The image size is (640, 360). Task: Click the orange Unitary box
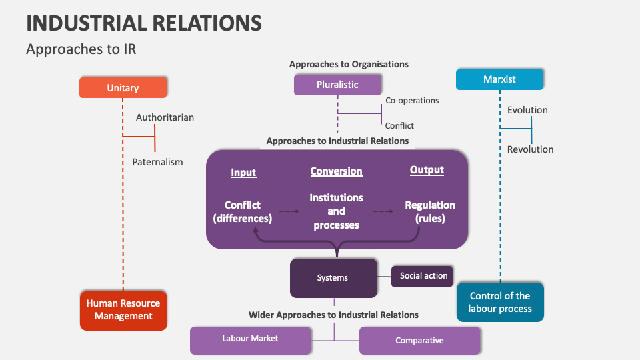123,87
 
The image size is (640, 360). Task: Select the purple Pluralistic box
337,85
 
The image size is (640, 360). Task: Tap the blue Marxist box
499,79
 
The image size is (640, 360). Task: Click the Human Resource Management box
123,309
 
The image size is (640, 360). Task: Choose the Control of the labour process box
500,302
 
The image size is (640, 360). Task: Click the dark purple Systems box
333,278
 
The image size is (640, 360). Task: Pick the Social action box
423,276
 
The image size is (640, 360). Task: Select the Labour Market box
250,339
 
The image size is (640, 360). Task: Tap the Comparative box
419,340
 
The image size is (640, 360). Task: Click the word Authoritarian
165,117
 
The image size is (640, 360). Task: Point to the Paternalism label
157,162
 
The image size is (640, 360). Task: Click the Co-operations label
412,101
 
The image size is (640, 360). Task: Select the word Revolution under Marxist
530,149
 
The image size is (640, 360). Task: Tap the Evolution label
527,110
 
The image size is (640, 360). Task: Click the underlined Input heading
243,173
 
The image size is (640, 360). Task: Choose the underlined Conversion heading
336,171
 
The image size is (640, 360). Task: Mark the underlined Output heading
427,170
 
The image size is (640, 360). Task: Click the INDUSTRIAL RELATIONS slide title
143,23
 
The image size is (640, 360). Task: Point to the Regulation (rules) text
430,211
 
